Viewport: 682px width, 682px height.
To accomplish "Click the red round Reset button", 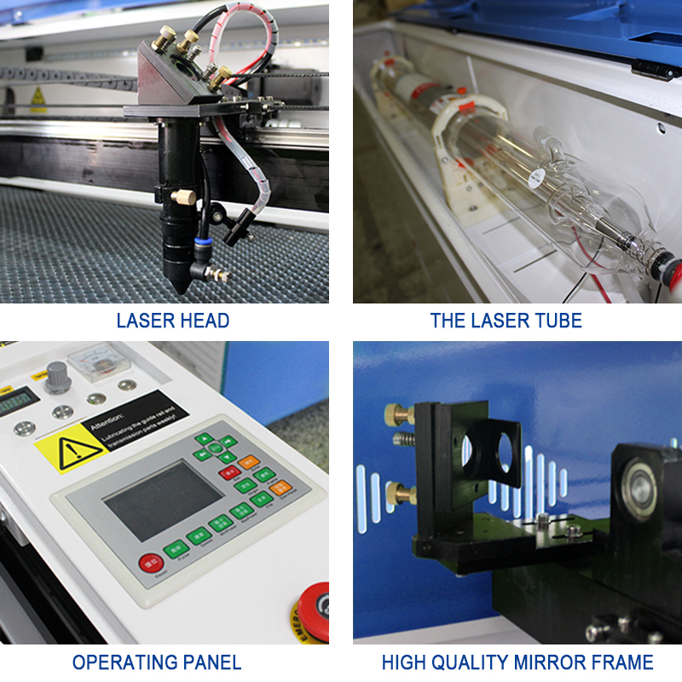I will tap(151, 563).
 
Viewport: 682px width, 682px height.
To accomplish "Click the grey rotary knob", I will tap(58, 376).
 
